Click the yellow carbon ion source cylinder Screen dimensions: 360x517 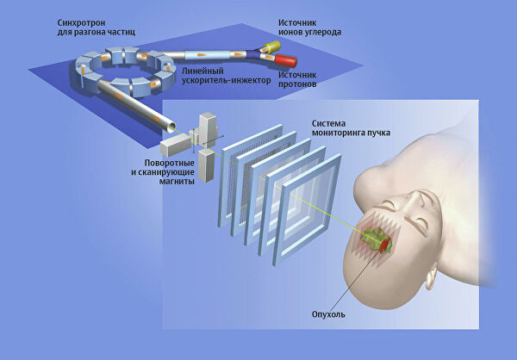pyautogui.click(x=271, y=45)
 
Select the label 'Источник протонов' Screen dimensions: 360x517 pyautogui.click(x=301, y=79)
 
